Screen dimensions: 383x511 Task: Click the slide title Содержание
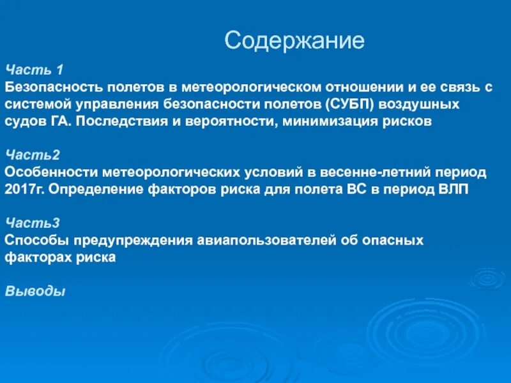click(294, 41)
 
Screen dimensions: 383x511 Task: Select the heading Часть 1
click(26, 70)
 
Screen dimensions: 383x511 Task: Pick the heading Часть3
click(24, 223)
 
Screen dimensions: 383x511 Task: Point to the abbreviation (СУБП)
click(349, 103)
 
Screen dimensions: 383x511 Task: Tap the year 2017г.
click(25, 190)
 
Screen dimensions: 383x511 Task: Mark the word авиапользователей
click(257, 241)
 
